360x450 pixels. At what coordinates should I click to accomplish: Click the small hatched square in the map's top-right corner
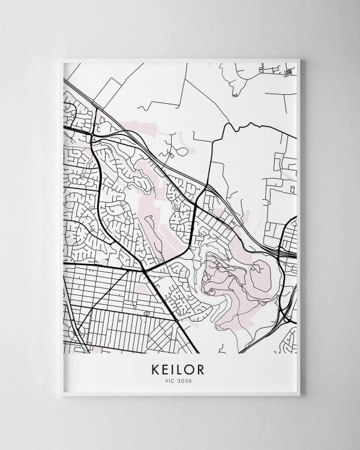pos(289,72)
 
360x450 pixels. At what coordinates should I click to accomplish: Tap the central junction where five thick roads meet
pos(145,269)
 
